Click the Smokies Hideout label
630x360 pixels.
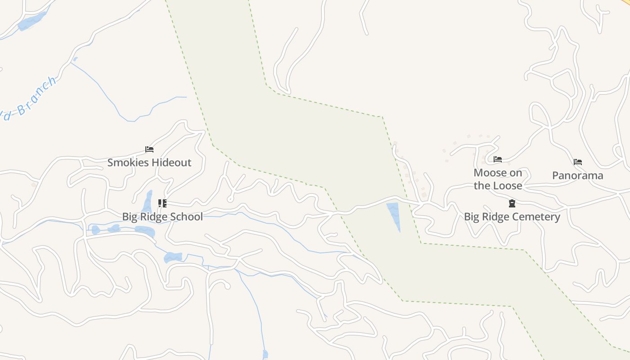[149, 162]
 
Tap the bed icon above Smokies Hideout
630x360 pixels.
[149, 149]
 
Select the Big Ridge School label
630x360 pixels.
[162, 216]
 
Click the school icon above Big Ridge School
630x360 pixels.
[162, 203]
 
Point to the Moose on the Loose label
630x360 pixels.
[498, 179]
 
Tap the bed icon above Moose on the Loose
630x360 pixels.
[498, 159]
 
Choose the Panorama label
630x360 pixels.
[578, 175]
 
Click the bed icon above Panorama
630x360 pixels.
[578, 162]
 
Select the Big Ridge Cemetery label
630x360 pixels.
[512, 216]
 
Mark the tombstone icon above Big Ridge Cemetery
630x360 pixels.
[512, 203]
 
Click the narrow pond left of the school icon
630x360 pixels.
[148, 201]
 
